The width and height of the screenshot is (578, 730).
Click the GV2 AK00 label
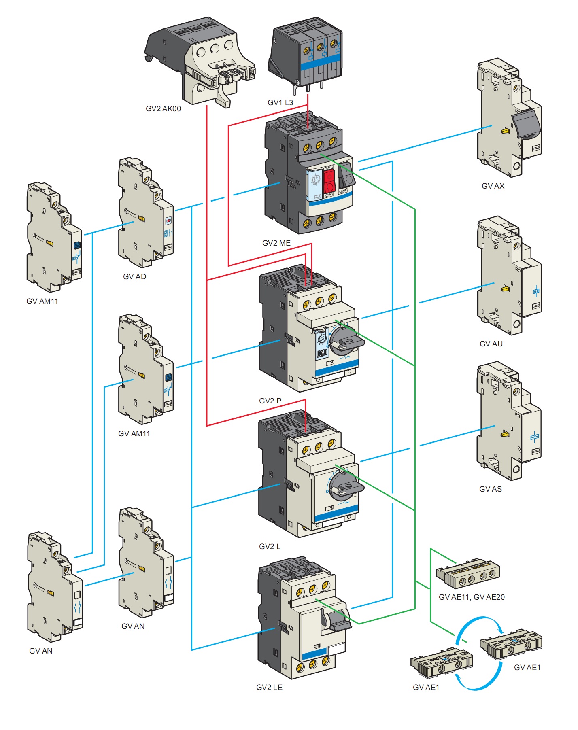pyautogui.click(x=163, y=109)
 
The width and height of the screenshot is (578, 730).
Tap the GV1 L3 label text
pyautogui.click(x=280, y=103)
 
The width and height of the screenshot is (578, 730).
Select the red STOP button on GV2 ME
pyautogui.click(x=329, y=181)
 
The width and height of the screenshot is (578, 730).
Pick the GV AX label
pyautogui.click(x=493, y=186)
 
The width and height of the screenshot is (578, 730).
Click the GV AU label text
pyautogui.click(x=491, y=344)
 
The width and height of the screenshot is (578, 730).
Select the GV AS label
pyautogui.click(x=490, y=489)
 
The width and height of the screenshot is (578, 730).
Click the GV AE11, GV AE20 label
pyautogui.click(x=472, y=597)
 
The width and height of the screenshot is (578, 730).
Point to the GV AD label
pyautogui.click(x=134, y=277)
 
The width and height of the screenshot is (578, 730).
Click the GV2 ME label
pyautogui.click(x=276, y=243)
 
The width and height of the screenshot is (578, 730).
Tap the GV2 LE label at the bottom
pyautogui.click(x=269, y=688)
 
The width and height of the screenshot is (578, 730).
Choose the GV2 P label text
pyautogui.click(x=270, y=401)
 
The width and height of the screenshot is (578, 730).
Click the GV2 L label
pyautogui.click(x=270, y=547)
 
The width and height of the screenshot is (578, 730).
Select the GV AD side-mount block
pyautogui.click(x=145, y=213)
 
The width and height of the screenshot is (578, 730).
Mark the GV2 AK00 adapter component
pyautogui.click(x=200, y=61)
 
